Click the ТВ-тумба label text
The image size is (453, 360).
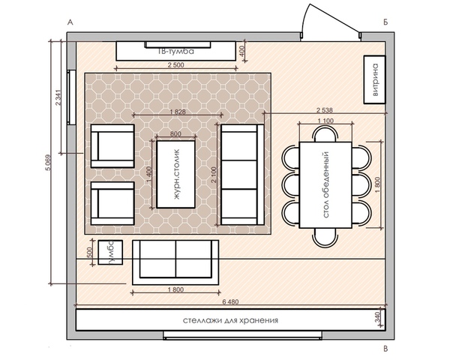[x=176, y=52]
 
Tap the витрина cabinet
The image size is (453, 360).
[x=374, y=79]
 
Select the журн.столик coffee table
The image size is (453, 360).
[x=175, y=174]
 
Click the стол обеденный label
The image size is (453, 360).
[x=326, y=185]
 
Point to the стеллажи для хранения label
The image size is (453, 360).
[x=230, y=320]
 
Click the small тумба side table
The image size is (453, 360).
[x=110, y=252]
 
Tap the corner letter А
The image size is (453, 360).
[x=70, y=22]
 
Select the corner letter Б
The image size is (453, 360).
[x=385, y=22]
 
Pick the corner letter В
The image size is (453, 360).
[x=385, y=349]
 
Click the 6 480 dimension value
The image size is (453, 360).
[x=230, y=301]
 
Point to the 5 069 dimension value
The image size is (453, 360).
[x=48, y=163]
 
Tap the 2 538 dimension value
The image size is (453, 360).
[x=325, y=110]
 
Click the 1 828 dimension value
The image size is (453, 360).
[x=177, y=112]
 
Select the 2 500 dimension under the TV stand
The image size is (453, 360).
[x=175, y=65]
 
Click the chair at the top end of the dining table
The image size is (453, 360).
[x=326, y=133]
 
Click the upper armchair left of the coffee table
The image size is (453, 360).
[x=112, y=146]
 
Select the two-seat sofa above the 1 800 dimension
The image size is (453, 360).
[x=175, y=262]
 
